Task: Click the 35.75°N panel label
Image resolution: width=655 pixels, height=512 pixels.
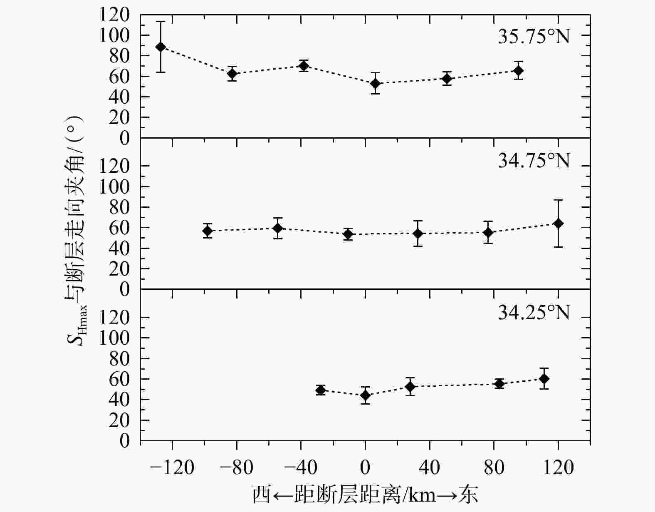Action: coord(534,37)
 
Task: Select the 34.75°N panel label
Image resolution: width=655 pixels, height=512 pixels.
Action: coord(534,161)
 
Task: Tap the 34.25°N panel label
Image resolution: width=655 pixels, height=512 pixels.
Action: coord(534,312)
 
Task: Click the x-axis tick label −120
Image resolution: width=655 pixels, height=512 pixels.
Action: coord(172,468)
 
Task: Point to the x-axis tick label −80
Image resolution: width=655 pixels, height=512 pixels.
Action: coord(236,468)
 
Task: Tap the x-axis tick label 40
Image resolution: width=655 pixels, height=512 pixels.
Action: coord(429,468)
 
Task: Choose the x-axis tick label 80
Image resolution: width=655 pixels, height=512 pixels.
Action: coord(494,468)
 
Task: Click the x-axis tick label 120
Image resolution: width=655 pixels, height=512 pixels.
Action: coord(558,468)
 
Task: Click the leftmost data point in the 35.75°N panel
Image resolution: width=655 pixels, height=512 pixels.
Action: coord(161,47)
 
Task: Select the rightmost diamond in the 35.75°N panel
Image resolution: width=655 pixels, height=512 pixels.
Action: coord(518,71)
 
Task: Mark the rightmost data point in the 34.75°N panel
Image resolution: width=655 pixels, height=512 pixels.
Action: coord(558,224)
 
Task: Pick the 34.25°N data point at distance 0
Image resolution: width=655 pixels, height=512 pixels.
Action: coord(365,395)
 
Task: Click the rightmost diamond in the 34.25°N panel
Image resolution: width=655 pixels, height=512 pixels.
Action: coord(544,378)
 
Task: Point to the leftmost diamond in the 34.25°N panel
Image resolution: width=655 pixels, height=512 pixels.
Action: coord(320,390)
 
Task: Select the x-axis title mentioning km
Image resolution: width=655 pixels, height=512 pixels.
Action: coord(365,494)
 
